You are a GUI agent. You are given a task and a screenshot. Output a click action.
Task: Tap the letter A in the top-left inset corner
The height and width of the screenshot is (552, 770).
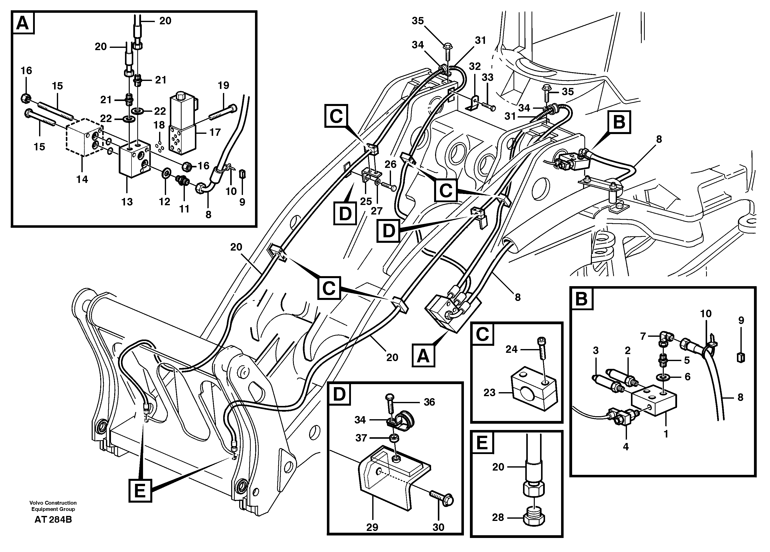coord(23,23)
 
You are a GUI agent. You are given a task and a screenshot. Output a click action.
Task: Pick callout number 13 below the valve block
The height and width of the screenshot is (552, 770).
coord(127,202)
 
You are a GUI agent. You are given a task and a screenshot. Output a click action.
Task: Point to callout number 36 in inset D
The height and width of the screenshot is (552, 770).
coord(429,402)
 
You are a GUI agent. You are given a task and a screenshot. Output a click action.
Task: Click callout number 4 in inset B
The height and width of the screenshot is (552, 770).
coord(626,447)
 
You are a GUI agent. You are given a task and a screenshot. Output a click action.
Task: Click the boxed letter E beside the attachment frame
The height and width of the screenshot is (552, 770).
coord(140,491)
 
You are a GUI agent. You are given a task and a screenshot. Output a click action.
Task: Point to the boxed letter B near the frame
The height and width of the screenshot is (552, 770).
coord(619,122)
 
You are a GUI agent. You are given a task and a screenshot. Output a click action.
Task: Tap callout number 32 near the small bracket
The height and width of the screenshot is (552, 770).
coord(475,66)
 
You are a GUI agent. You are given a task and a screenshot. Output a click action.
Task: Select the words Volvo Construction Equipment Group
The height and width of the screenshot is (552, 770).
coord(53,506)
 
